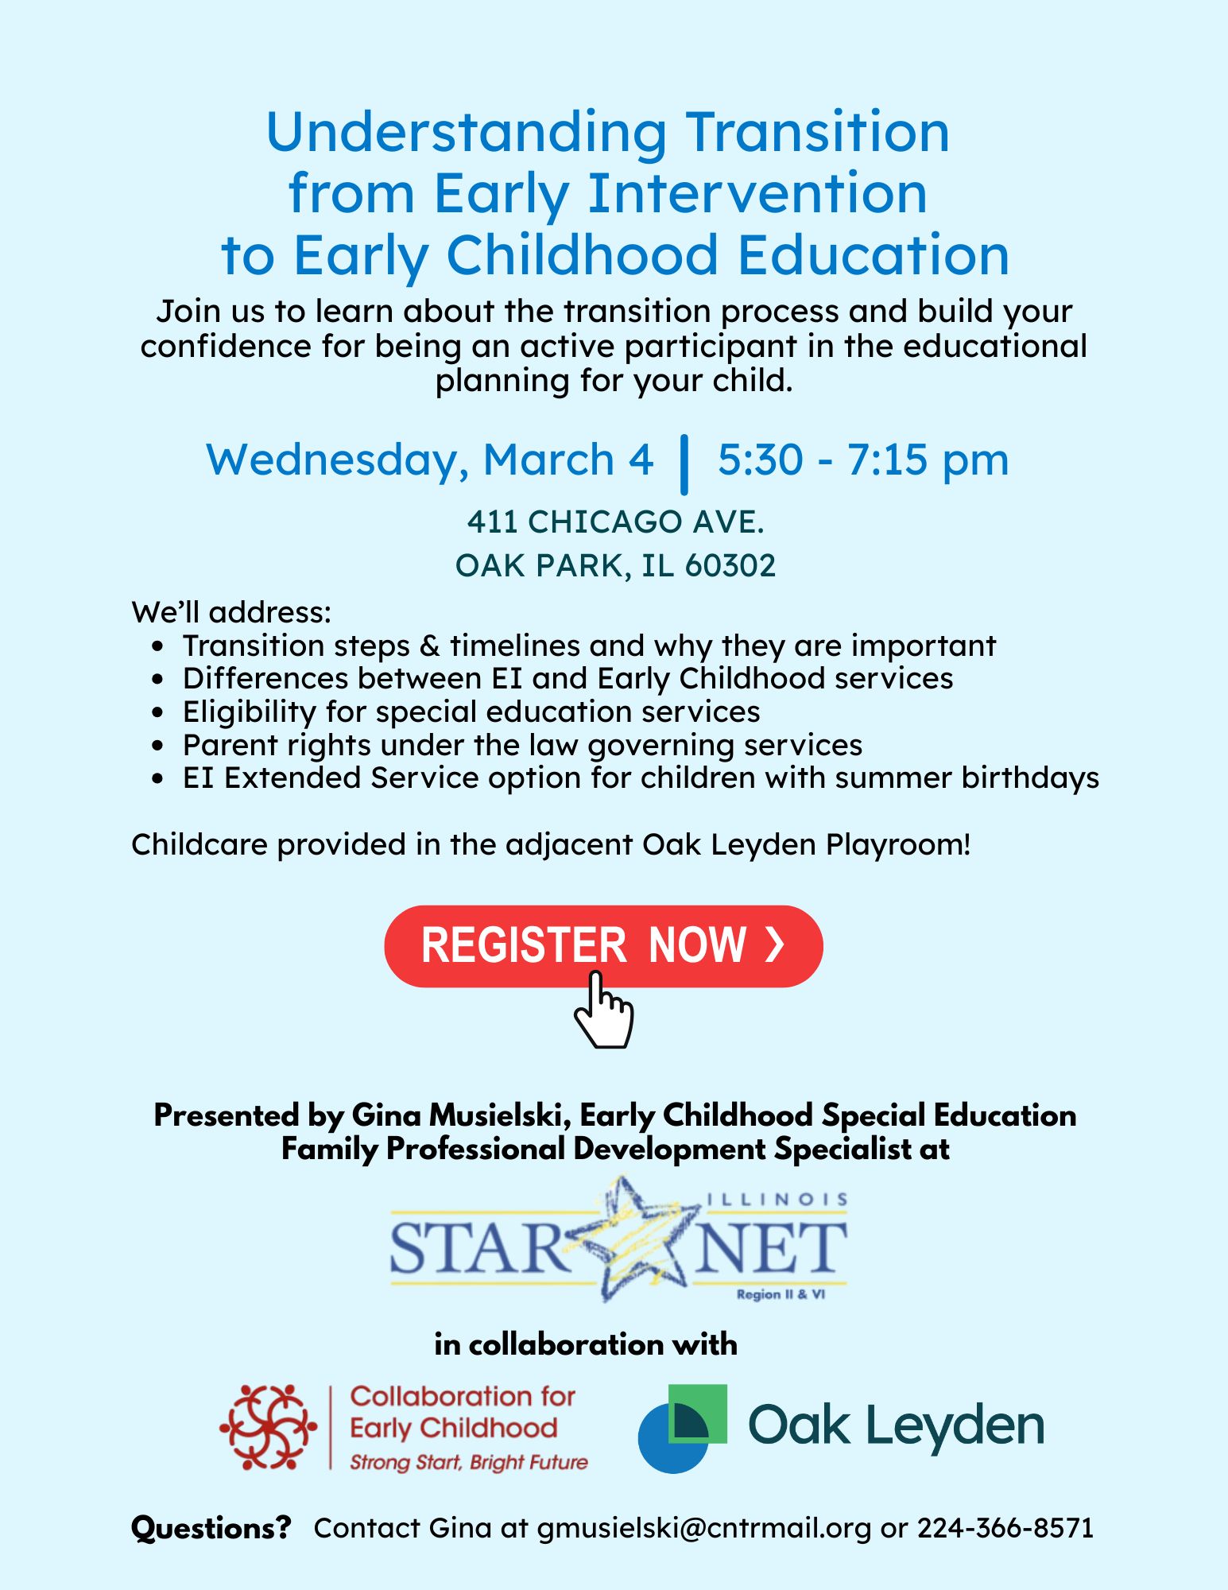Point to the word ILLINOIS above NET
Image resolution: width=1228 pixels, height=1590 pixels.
point(777,1199)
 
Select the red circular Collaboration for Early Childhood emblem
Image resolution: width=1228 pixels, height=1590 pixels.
point(268,1427)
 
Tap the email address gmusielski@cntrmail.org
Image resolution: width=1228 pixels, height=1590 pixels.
point(703,1528)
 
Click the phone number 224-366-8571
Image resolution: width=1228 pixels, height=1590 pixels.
point(1005,1528)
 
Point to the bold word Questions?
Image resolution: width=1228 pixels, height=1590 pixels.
point(211,1528)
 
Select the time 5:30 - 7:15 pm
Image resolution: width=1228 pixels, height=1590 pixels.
point(863,460)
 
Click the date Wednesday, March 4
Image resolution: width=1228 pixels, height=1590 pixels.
point(430,460)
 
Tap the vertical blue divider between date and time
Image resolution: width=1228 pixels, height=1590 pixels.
point(684,464)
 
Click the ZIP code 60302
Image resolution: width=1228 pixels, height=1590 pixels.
point(730,565)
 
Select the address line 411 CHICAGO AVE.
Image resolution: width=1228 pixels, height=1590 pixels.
point(615,522)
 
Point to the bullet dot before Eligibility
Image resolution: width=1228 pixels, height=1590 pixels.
point(158,712)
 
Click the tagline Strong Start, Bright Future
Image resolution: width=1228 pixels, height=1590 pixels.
point(469,1462)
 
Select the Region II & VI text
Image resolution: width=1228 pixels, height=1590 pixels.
point(781,1294)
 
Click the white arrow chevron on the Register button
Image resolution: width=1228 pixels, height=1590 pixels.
point(775,944)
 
